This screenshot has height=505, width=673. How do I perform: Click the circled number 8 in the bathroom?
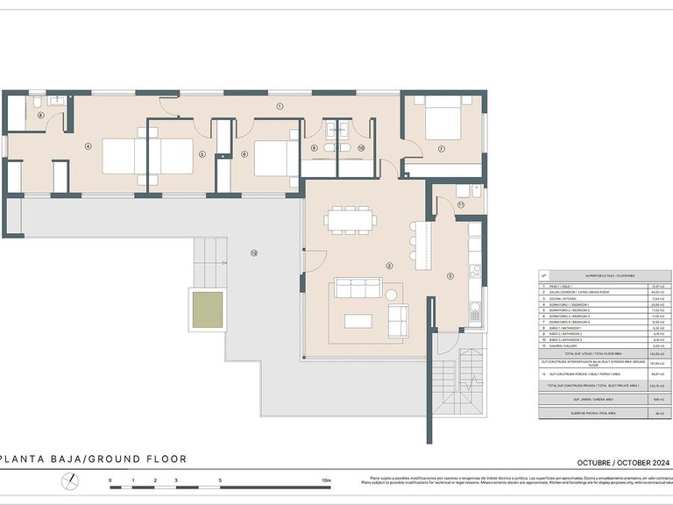click(x=40, y=115)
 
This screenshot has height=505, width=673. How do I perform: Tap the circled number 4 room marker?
click(x=88, y=146)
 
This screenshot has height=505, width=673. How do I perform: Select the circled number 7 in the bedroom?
click(x=441, y=149)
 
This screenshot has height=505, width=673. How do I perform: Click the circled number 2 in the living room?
click(x=388, y=265)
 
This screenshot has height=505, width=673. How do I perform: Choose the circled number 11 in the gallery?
click(x=460, y=204)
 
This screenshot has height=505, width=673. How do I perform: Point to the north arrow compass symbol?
click(x=69, y=481)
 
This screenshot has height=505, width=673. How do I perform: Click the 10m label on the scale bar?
click(x=325, y=480)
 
